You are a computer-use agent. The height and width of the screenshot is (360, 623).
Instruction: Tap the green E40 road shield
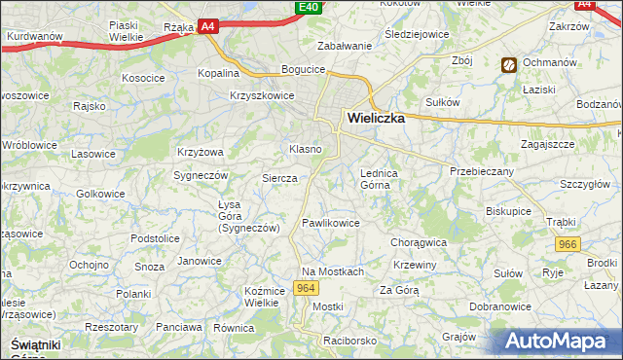(308, 8)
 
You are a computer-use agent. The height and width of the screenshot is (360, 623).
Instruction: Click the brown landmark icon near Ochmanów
(508, 65)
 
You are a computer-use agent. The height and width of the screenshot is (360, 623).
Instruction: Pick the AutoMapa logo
(561, 341)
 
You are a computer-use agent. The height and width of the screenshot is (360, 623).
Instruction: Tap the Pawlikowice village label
(331, 223)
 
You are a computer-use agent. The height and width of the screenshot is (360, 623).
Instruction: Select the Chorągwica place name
(418, 242)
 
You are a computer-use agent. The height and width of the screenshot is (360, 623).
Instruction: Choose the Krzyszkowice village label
(262, 95)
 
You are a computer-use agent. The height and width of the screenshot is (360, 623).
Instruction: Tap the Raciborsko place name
(350, 342)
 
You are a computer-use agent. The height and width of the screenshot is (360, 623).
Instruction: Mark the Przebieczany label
(481, 170)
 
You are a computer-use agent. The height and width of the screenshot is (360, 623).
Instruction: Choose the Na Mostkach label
(332, 271)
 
